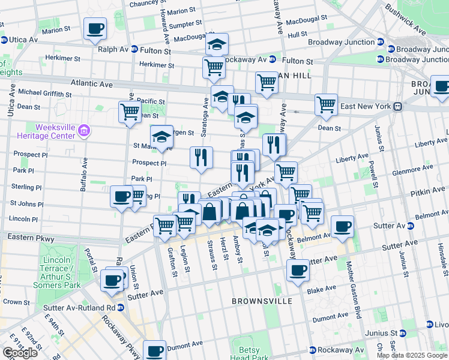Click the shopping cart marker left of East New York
pyautogui.click(x=326, y=104)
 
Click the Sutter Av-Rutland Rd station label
pyautogui.click(x=79, y=307)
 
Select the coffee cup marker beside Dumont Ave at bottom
pyautogui.click(x=154, y=350)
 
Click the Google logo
pyautogui.click(x=20, y=353)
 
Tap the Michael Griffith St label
pyautogui.click(x=45, y=92)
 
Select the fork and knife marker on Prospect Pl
pyautogui.click(x=201, y=157)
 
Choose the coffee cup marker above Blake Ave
pyautogui.click(x=298, y=270)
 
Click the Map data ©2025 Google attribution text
pyautogui.click(x=411, y=355)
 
